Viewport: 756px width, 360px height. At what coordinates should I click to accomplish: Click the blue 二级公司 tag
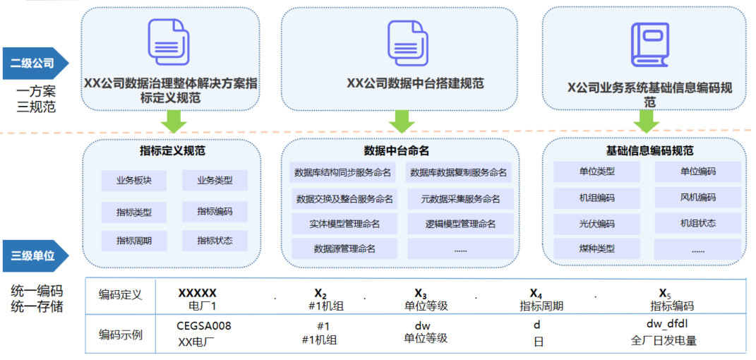tap(33, 64)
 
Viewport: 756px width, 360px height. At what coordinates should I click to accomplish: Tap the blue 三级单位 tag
tap(33, 256)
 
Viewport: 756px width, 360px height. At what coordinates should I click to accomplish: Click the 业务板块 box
tap(133, 181)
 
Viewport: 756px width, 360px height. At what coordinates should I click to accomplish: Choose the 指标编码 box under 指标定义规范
tap(215, 210)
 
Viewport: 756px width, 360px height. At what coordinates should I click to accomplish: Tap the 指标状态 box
tap(215, 240)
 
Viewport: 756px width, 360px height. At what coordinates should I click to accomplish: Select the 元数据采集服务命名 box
tap(460, 199)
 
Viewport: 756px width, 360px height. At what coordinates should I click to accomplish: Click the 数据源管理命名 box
tap(344, 248)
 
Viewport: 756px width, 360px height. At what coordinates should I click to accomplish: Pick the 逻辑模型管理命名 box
tap(460, 224)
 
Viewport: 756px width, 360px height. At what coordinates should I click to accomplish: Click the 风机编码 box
tap(697, 197)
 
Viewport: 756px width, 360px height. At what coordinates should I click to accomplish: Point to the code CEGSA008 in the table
tap(204, 326)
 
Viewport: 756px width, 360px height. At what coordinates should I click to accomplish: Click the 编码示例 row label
tap(120, 334)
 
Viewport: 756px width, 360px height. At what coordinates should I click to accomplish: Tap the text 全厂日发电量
tap(664, 341)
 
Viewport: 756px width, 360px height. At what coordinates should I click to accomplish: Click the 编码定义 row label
tap(120, 295)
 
